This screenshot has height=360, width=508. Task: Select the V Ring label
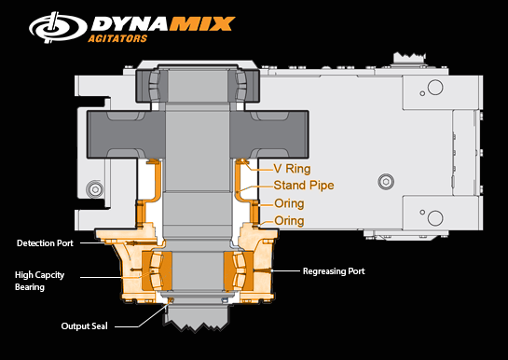[x=291, y=169]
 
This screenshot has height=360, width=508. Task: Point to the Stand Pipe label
[x=303, y=186]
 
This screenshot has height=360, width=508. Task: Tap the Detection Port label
[x=46, y=242]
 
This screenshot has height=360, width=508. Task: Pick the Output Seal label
[x=87, y=325]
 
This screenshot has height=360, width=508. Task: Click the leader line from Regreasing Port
[x=284, y=270]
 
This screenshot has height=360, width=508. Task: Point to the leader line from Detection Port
[x=94, y=242]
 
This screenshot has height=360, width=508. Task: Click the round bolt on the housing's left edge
[x=94, y=190]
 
